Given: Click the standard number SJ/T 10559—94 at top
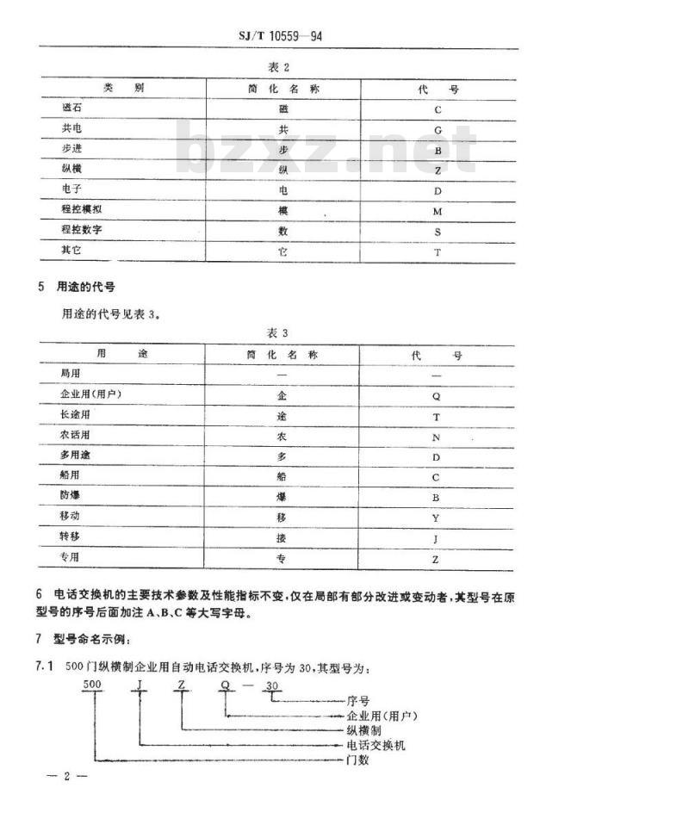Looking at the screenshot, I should (x=280, y=37).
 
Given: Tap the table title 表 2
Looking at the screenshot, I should (x=280, y=67).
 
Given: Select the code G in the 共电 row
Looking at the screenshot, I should (x=438, y=130).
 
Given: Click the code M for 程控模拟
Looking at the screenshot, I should (x=438, y=211).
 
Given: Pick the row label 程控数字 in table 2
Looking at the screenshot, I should (x=83, y=230).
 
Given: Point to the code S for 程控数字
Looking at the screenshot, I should (x=438, y=232).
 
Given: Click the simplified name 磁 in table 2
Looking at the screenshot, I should (x=283, y=109).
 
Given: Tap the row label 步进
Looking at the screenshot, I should (x=71, y=149).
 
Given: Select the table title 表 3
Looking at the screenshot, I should (x=280, y=332).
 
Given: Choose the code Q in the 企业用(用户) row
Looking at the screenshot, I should (x=436, y=396).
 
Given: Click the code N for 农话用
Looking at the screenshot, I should (x=436, y=437).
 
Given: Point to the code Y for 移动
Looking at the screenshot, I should (x=436, y=518).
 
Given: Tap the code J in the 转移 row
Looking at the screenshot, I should (x=436, y=539).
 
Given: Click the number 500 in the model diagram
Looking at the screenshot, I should (x=91, y=686).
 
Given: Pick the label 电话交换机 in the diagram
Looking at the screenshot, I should (x=376, y=745).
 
